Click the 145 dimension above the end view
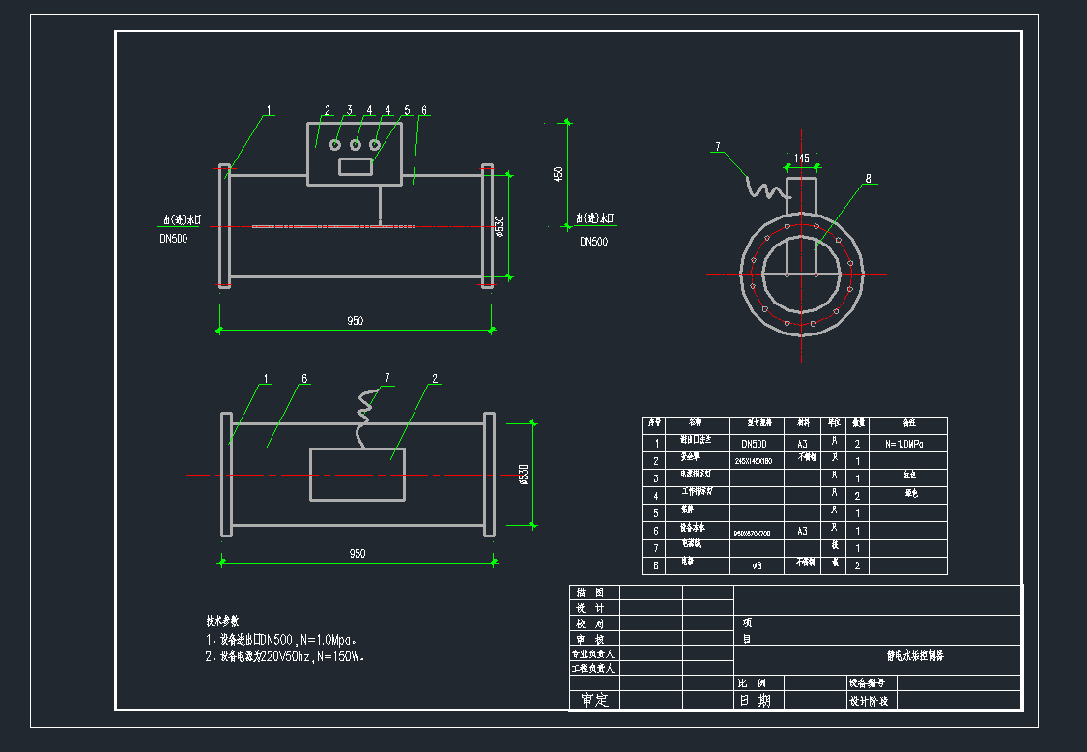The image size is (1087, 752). click(802, 158)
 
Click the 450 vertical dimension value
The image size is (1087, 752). click(558, 174)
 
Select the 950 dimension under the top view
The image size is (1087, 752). click(356, 321)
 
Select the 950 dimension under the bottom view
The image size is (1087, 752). click(357, 554)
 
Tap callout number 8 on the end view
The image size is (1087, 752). click(869, 179)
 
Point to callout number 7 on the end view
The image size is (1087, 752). click(718, 147)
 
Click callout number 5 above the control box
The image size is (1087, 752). click(407, 111)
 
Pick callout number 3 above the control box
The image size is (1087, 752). click(350, 111)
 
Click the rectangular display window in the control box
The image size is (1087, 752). click(355, 166)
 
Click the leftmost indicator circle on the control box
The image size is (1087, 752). click(335, 145)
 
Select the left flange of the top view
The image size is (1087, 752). click(225, 226)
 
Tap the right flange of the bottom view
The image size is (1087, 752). click(489, 474)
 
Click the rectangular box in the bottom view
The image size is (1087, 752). click(357, 474)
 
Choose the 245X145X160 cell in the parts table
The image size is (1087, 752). click(755, 461)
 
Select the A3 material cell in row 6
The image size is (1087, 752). click(802, 531)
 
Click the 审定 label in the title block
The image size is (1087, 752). click(594, 701)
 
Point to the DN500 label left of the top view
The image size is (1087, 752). click(174, 239)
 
